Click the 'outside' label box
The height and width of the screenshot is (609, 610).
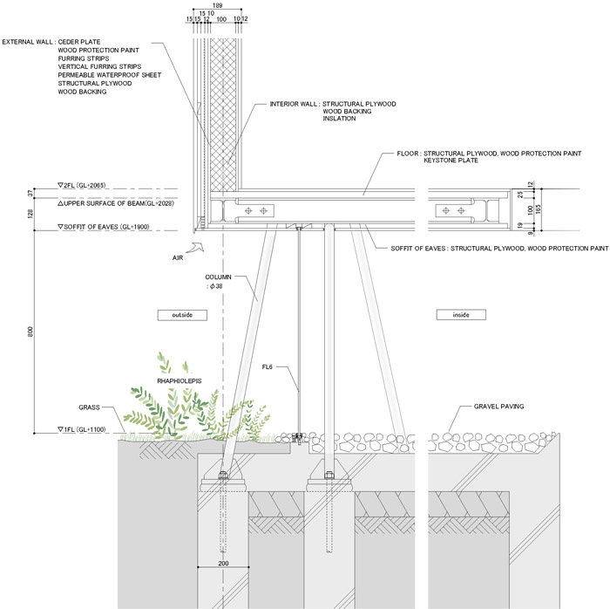pyautogui.click(x=180, y=314)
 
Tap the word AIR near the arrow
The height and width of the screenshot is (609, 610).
pyautogui.click(x=178, y=259)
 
